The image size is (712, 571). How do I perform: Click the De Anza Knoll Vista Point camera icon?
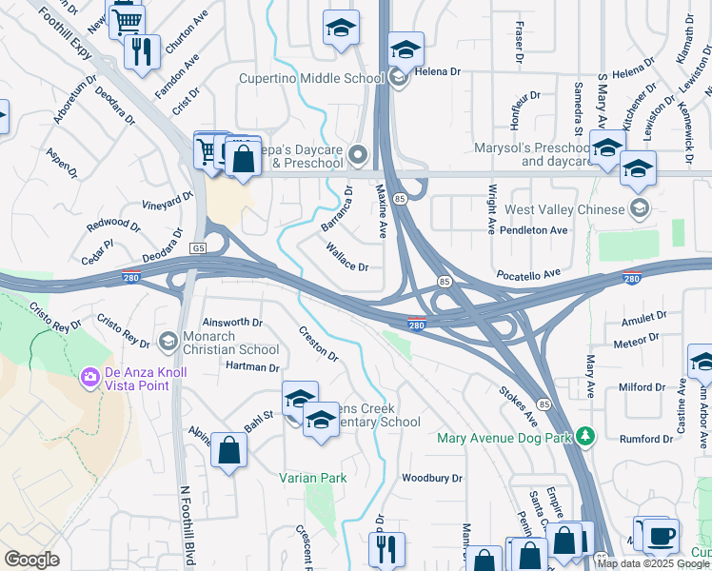[90, 378]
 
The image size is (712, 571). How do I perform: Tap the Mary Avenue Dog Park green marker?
[587, 437]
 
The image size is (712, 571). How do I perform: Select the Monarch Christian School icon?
[168, 341]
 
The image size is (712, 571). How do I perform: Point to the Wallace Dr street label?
[346, 258]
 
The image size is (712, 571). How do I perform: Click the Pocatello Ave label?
[528, 274]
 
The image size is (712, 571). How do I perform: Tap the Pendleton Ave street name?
[535, 230]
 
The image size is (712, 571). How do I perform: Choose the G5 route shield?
[198, 248]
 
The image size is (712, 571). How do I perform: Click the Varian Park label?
[312, 478]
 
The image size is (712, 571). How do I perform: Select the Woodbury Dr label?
[431, 478]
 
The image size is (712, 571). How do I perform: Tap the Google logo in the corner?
[31, 560]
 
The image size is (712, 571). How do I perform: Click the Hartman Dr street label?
[252, 366]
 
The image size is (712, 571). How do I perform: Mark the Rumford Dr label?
[646, 439]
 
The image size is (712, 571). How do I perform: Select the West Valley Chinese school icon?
[641, 208]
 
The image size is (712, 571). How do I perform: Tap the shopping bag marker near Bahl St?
[229, 450]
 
